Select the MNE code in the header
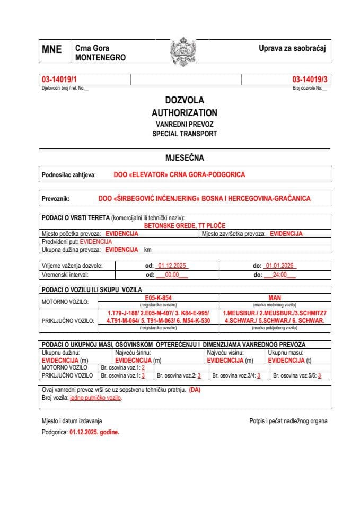point(51,50)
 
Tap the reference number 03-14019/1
point(59,80)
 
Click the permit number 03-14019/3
point(310,80)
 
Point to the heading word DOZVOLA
point(184,100)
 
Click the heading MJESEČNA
point(185,157)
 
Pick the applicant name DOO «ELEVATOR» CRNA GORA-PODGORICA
point(179,174)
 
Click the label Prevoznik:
point(56,199)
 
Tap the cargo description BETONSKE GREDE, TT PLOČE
point(185,225)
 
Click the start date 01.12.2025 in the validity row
point(173,266)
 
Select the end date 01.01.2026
point(280,266)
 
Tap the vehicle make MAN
point(275,299)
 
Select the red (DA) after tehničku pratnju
point(195,390)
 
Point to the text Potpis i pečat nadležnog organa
point(288,421)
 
